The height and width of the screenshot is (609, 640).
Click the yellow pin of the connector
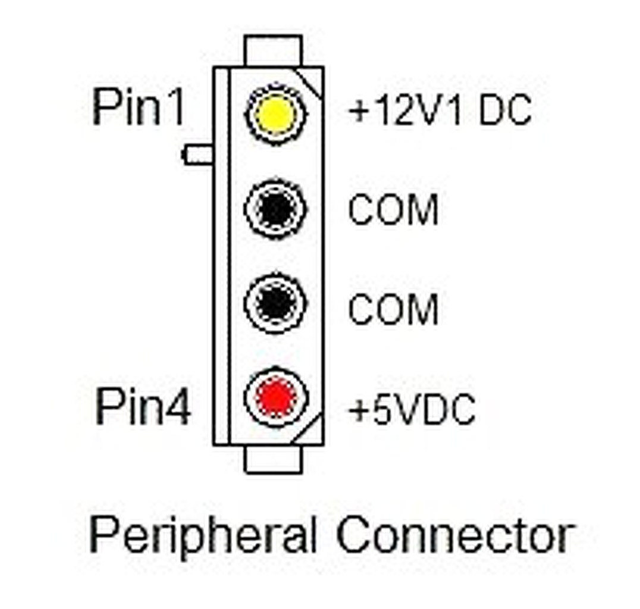(x=275, y=113)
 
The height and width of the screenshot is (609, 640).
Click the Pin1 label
(x=139, y=109)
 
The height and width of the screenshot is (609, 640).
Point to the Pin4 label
(x=143, y=407)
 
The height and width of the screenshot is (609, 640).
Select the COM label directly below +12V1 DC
(x=393, y=209)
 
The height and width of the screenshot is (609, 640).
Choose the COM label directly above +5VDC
(x=393, y=309)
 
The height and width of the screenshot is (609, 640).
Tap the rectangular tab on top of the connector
(x=274, y=51)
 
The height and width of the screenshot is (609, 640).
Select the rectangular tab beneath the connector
(x=274, y=459)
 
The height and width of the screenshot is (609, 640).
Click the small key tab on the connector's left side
(x=197, y=155)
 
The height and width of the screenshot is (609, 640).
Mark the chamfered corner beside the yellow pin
(x=313, y=81)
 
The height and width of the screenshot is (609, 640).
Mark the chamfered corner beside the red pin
(x=313, y=430)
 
